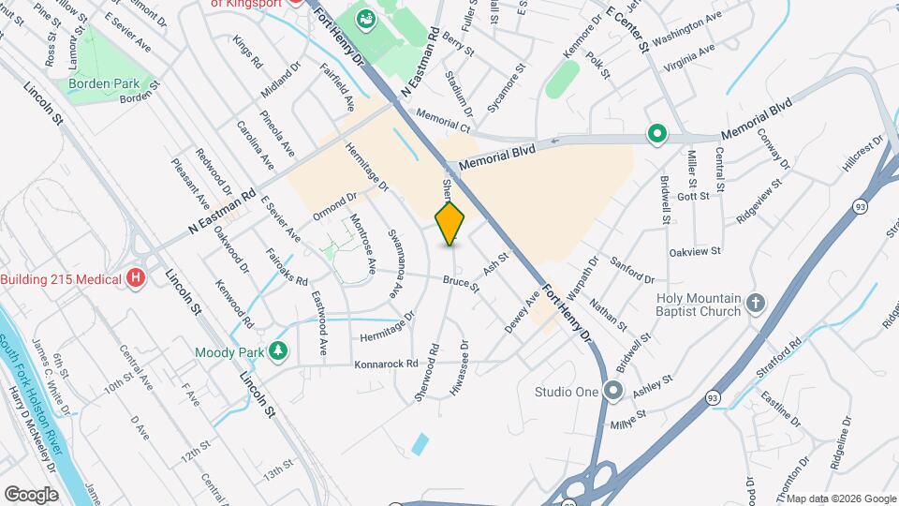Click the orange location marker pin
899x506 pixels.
(450, 222)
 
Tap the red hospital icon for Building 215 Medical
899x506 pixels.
(137, 278)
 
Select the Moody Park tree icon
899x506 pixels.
(277, 352)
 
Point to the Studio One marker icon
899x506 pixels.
(613, 391)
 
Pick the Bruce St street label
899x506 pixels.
(461, 282)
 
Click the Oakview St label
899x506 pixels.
(695, 252)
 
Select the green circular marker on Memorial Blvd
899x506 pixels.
(657, 135)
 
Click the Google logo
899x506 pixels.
(31, 494)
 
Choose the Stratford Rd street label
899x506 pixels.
(782, 360)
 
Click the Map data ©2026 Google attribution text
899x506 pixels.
(840, 499)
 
